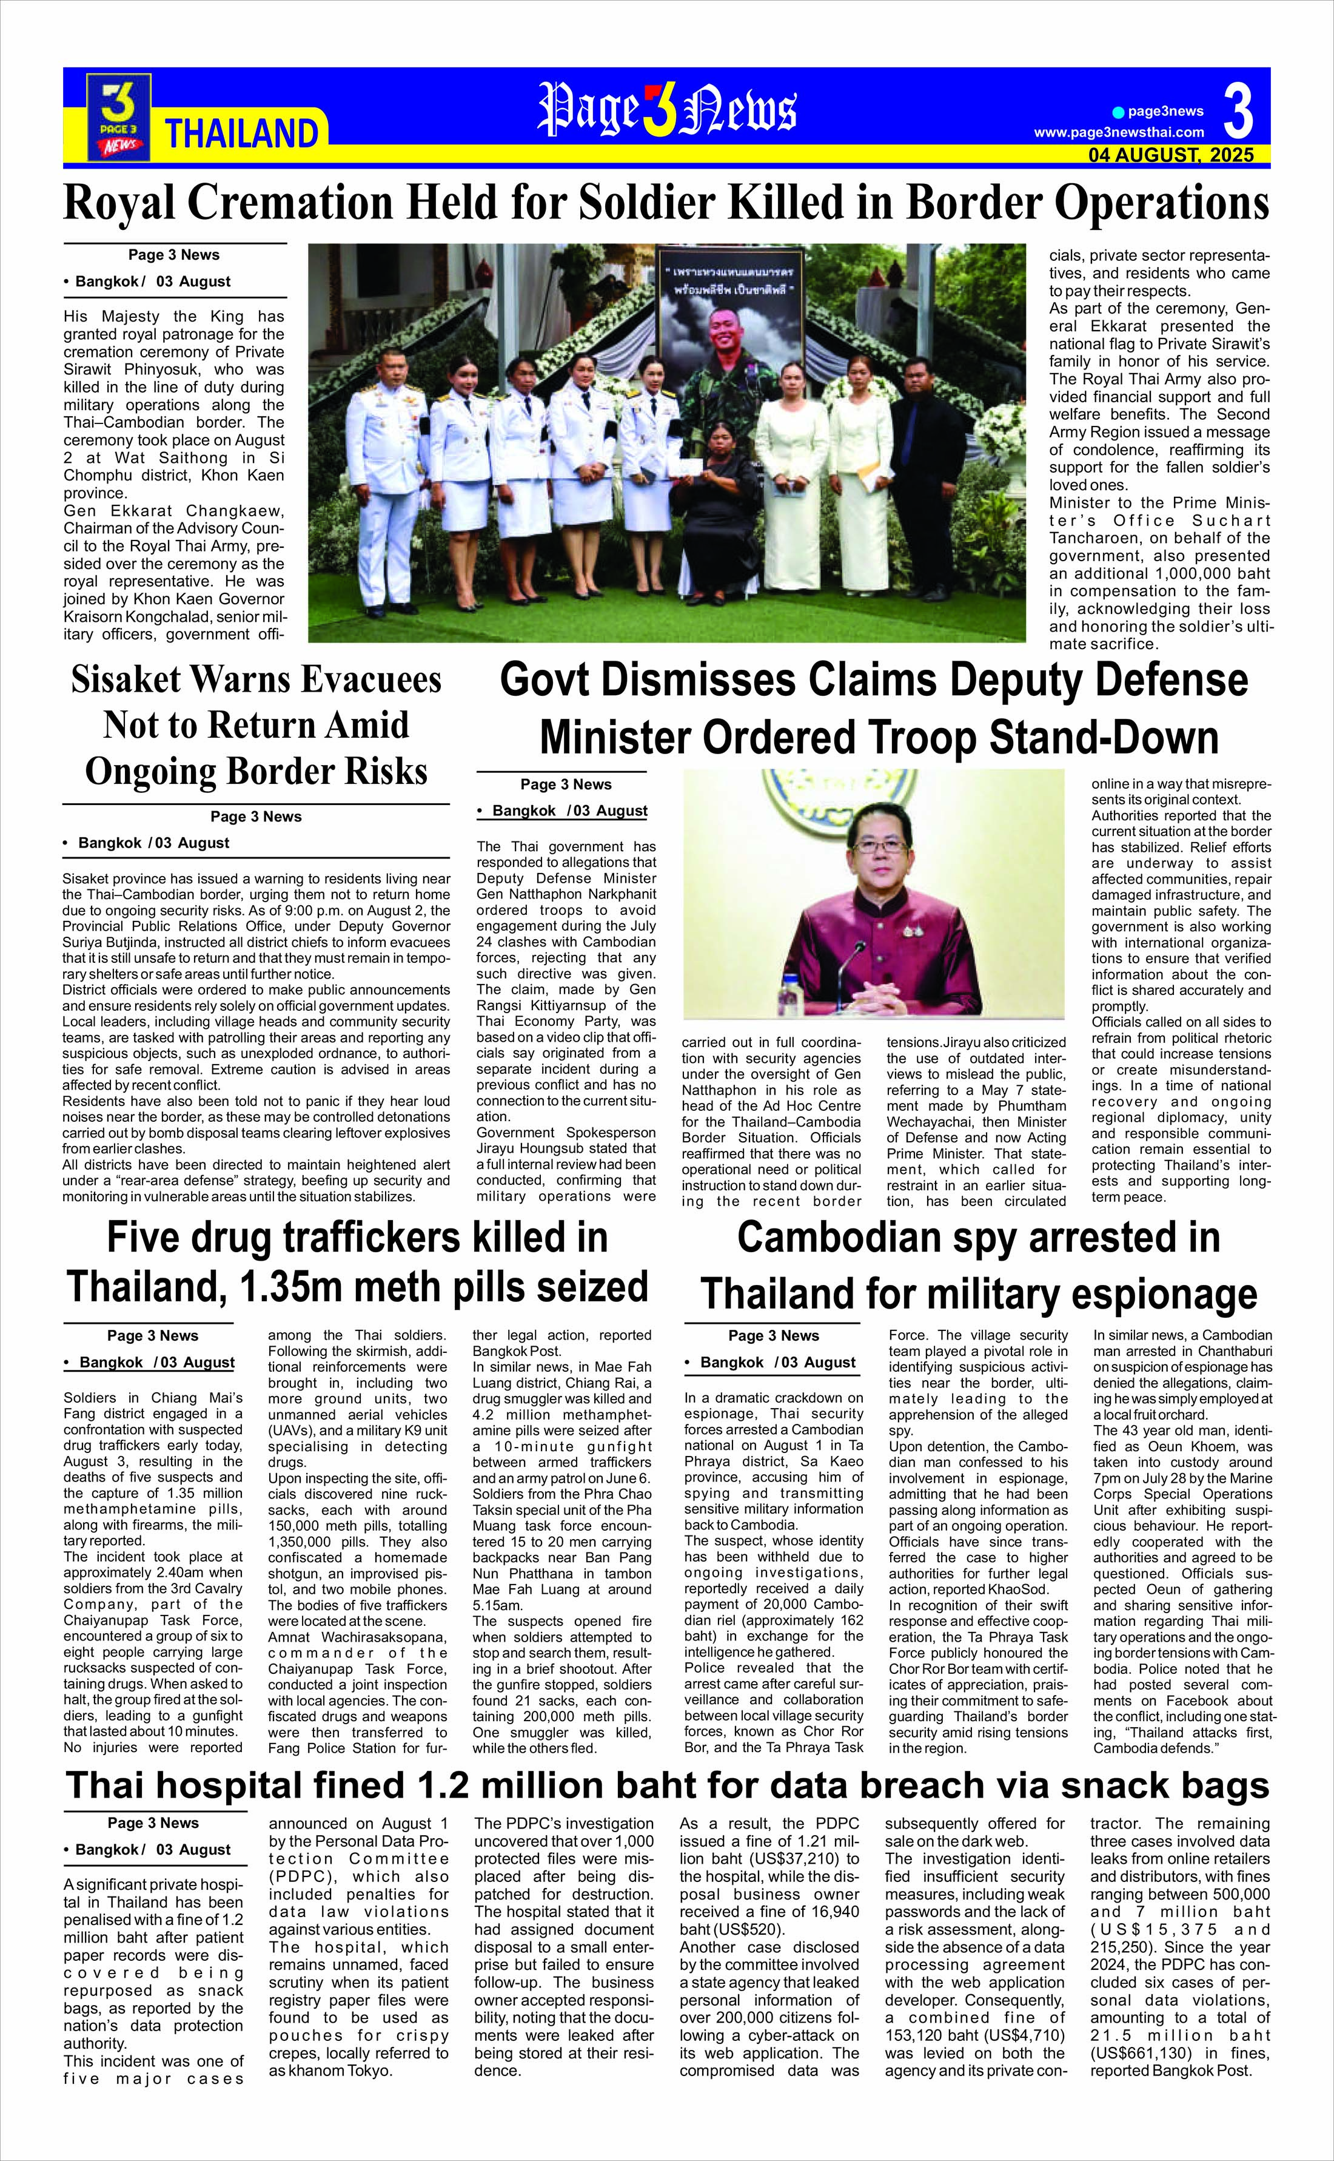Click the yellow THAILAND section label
coord(241,133)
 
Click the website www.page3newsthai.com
coord(1119,132)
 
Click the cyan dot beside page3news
coord(1118,112)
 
